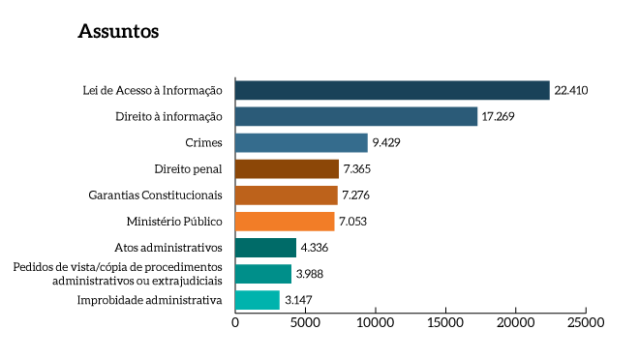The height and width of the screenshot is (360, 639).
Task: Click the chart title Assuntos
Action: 118,32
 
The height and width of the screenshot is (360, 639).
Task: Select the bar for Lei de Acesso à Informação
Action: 392,90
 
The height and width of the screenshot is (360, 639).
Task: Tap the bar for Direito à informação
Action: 356,116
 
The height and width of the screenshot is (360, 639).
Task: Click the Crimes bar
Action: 301,143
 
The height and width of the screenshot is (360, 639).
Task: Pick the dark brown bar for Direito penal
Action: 287,169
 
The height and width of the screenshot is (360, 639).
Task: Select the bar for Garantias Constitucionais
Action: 286,195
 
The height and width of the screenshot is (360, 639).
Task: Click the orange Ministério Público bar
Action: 285,222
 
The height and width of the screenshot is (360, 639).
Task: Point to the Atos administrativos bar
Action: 265,248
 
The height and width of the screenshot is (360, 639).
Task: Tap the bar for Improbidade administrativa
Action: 258,300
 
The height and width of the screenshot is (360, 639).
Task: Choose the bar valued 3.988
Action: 263,274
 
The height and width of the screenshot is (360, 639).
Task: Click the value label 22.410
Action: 571,91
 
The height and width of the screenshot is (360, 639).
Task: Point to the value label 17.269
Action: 500,117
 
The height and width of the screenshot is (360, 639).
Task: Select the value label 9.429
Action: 386,143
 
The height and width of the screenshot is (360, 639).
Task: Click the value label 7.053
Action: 353,222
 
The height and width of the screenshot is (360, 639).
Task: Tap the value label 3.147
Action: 298,300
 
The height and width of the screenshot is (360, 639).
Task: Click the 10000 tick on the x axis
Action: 375,322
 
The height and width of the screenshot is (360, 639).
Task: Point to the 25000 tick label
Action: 585,322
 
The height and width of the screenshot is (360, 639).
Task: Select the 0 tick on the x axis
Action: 235,322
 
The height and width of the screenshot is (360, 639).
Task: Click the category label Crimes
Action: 204,143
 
